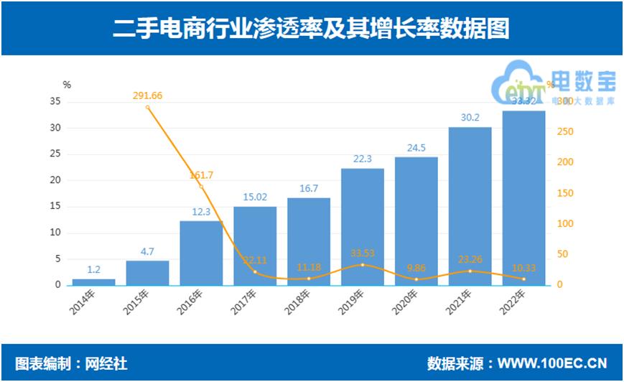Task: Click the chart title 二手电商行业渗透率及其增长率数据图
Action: (x=312, y=28)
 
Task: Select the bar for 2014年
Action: (x=93, y=281)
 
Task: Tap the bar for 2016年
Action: (x=201, y=253)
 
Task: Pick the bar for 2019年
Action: (x=363, y=227)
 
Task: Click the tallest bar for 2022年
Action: (x=523, y=197)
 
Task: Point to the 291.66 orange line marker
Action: (x=148, y=108)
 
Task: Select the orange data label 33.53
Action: (x=363, y=253)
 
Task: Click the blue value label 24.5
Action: (x=416, y=149)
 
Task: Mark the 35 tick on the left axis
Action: (x=55, y=101)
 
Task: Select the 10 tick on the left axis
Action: (x=55, y=233)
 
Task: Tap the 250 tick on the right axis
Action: (x=565, y=131)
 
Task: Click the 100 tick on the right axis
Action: (x=565, y=223)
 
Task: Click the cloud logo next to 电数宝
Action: (x=518, y=83)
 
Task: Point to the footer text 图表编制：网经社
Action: (x=72, y=363)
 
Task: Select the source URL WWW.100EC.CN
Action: (x=552, y=363)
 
